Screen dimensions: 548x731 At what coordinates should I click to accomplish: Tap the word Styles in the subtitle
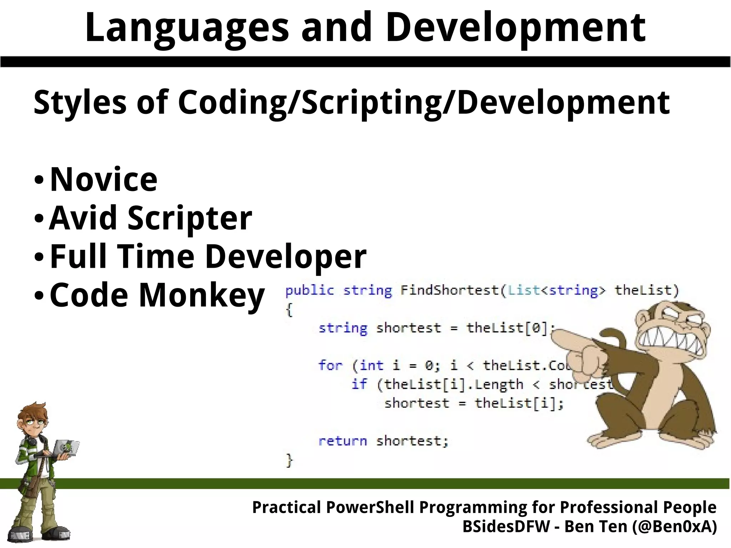click(80, 103)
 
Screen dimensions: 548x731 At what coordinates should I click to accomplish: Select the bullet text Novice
click(104, 179)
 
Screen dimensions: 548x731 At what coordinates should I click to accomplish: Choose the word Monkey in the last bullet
click(201, 295)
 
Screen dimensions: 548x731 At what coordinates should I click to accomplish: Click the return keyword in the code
click(342, 441)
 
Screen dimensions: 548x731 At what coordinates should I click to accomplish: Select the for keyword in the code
click(330, 366)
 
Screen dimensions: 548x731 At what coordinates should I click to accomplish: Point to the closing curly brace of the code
click(289, 461)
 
